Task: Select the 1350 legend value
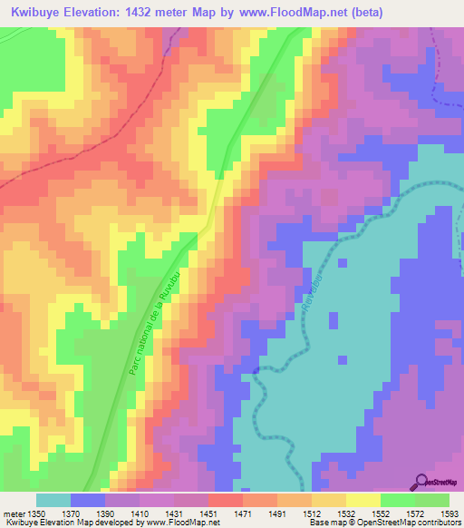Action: pos(36,513)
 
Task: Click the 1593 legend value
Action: pos(449,513)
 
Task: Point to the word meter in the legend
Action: pos(14,513)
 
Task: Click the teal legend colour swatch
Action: pos(53,500)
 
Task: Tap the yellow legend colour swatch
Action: pos(362,500)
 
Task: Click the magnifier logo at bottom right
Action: pos(422,481)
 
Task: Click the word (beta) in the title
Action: pos(361,12)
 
